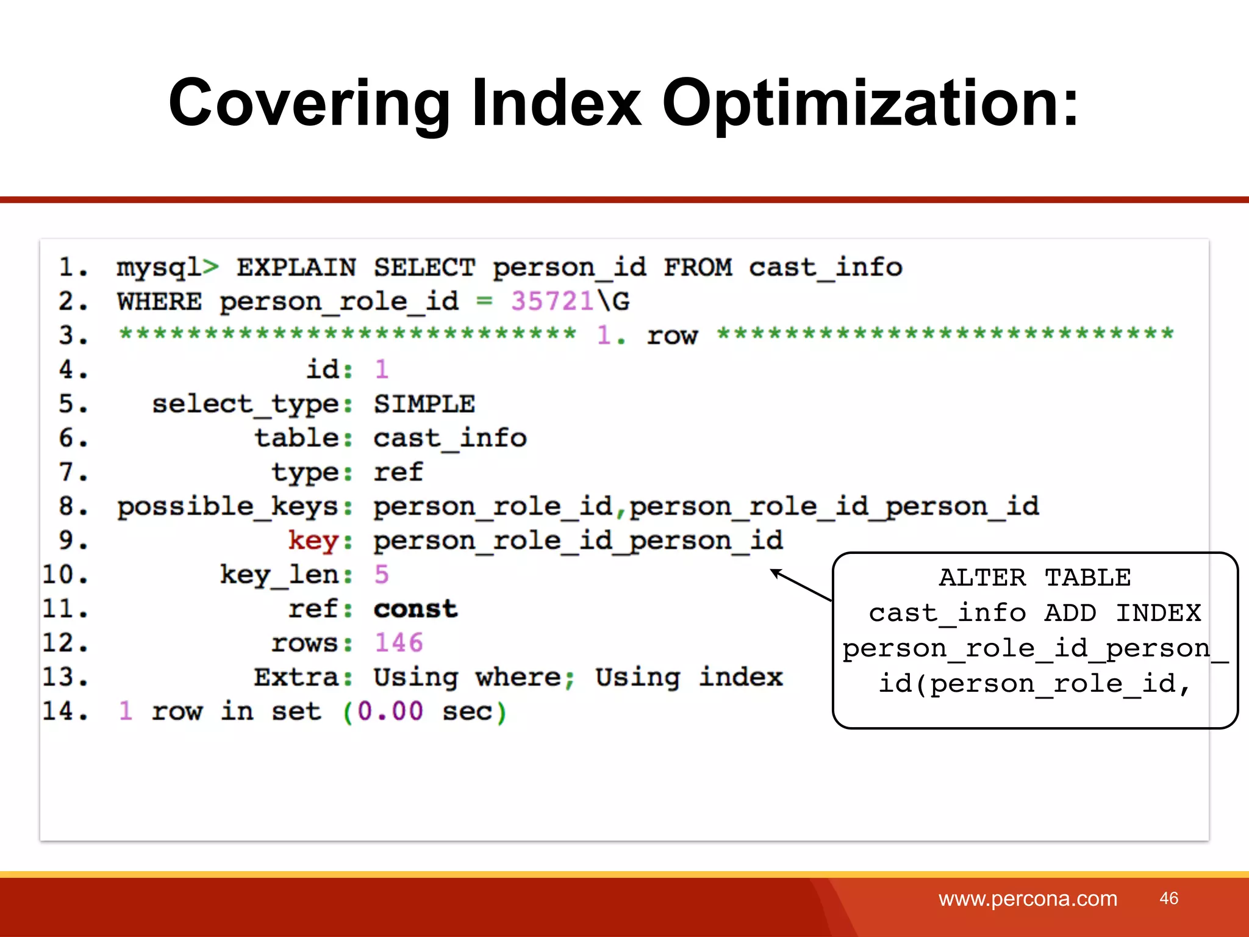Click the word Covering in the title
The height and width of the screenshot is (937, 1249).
(309, 104)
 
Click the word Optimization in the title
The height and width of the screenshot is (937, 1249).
(870, 104)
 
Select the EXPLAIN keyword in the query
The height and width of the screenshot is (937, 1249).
(296, 268)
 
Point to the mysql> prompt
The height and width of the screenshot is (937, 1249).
(167, 268)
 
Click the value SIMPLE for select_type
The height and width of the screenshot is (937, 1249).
(424, 404)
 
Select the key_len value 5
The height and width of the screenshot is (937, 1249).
(382, 575)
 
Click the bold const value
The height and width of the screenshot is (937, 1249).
(415, 609)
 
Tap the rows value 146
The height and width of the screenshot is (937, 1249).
(398, 643)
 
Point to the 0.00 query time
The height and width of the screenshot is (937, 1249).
(390, 711)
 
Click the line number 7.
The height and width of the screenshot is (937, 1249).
(73, 472)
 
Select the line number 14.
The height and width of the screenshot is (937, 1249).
(65, 711)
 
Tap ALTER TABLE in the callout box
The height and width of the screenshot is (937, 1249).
(1035, 577)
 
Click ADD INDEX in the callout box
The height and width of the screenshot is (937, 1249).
(1122, 612)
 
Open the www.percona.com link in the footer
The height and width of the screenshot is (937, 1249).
(1028, 899)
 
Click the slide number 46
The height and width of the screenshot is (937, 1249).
(1168, 898)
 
